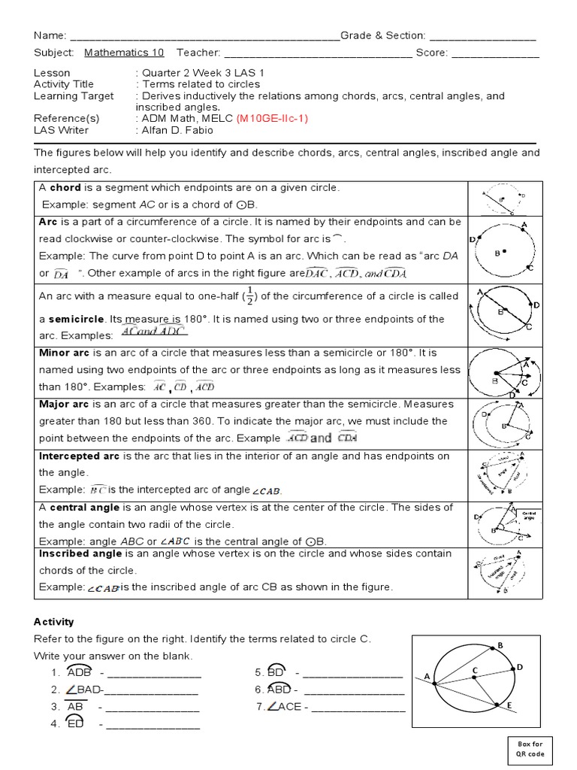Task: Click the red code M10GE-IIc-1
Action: click(x=272, y=119)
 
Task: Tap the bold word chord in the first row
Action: click(x=64, y=187)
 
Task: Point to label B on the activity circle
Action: click(x=500, y=645)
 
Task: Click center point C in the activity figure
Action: click(x=475, y=669)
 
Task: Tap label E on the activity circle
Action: click(x=509, y=705)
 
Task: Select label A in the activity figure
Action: click(x=427, y=676)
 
